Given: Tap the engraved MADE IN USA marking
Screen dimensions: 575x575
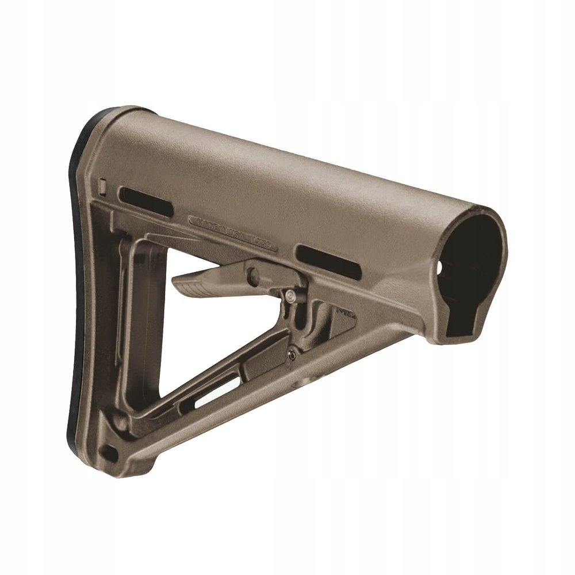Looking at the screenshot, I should pyautogui.click(x=233, y=227).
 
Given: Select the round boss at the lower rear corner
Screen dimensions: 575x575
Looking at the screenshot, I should pyautogui.click(x=121, y=423).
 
